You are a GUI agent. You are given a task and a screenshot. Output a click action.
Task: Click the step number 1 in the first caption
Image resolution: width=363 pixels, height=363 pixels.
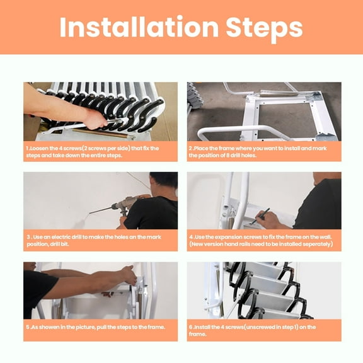coord(27,148)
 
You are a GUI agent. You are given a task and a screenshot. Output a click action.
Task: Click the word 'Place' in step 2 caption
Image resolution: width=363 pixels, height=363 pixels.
coord(204,148)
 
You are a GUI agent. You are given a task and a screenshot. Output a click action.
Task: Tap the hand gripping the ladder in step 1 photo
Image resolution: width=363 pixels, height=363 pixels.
coord(95,118)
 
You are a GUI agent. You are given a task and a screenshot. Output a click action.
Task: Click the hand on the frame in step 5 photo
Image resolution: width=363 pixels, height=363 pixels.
coord(129,275)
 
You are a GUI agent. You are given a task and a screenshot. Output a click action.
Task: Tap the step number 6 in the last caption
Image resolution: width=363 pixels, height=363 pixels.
coord(191,327)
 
